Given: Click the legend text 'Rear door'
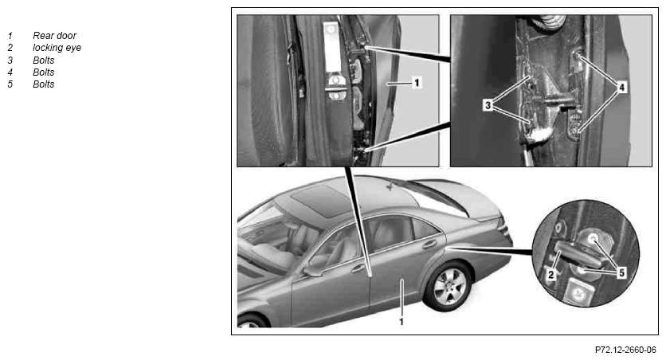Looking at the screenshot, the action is coord(54,36).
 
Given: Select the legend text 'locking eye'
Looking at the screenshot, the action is coord(57,48).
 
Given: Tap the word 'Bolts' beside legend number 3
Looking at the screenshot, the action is coord(44,61).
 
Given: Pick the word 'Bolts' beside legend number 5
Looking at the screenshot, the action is coord(44,84).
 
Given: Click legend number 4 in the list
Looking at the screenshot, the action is coord(10,72).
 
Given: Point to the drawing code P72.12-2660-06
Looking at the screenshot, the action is coord(625,350).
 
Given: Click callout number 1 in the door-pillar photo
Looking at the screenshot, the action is coord(417,82).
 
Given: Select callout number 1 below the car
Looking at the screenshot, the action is coord(401,322).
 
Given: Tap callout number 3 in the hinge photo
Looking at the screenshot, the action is coord(488,105).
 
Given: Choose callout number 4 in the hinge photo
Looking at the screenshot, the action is coord(621,88).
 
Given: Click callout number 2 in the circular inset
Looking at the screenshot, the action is coord(551,274).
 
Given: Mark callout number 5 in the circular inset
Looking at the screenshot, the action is coord(621,272).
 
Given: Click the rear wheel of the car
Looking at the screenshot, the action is coord(448,286).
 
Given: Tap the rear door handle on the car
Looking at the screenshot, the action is coord(429,244).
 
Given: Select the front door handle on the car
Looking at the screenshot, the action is coord(358,268).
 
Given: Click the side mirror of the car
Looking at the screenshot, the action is coord(312,271).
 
